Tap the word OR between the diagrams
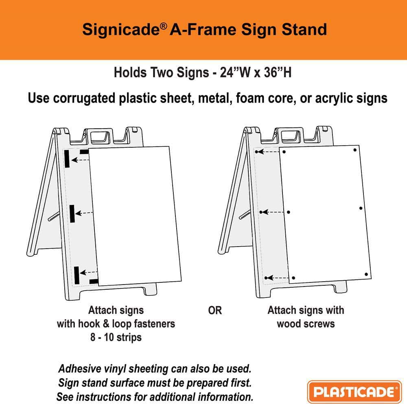tap(215, 311)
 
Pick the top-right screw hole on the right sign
tap(355, 150)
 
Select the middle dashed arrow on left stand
tap(85, 213)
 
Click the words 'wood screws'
tap(306, 324)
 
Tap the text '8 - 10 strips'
tap(116, 337)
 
